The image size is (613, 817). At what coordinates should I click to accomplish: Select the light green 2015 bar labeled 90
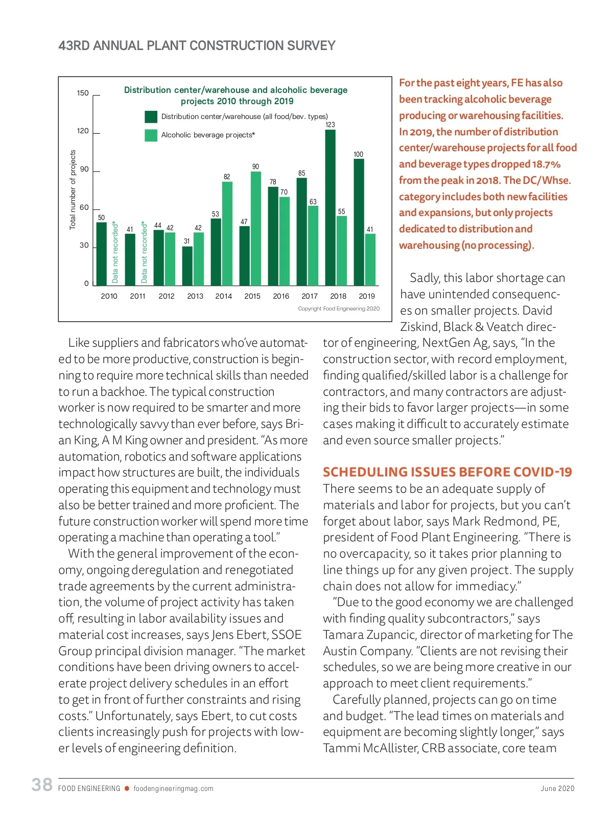[255, 228]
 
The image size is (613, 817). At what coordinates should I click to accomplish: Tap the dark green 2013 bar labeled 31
[187, 266]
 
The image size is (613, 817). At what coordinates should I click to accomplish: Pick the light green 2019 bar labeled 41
[370, 259]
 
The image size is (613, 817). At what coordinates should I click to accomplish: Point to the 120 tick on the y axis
[83, 131]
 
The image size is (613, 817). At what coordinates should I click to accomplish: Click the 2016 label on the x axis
[281, 296]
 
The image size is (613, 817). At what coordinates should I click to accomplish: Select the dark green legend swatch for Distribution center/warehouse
[151, 117]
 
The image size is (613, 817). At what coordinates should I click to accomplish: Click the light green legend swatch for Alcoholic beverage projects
[151, 135]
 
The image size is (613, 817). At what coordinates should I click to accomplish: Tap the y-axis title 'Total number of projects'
[73, 189]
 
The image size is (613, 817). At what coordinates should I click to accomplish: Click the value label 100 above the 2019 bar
[359, 154]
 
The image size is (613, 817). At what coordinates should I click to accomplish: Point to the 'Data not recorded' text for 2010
[115, 252]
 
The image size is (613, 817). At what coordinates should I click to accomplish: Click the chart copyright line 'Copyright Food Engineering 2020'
[339, 308]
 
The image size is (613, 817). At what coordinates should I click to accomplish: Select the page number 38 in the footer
[42, 785]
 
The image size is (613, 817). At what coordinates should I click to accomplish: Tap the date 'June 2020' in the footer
[557, 788]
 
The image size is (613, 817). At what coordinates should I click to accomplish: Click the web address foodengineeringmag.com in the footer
[173, 788]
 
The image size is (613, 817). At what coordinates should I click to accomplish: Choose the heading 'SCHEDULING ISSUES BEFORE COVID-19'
[447, 472]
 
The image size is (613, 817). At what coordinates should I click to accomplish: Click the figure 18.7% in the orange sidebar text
[546, 164]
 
